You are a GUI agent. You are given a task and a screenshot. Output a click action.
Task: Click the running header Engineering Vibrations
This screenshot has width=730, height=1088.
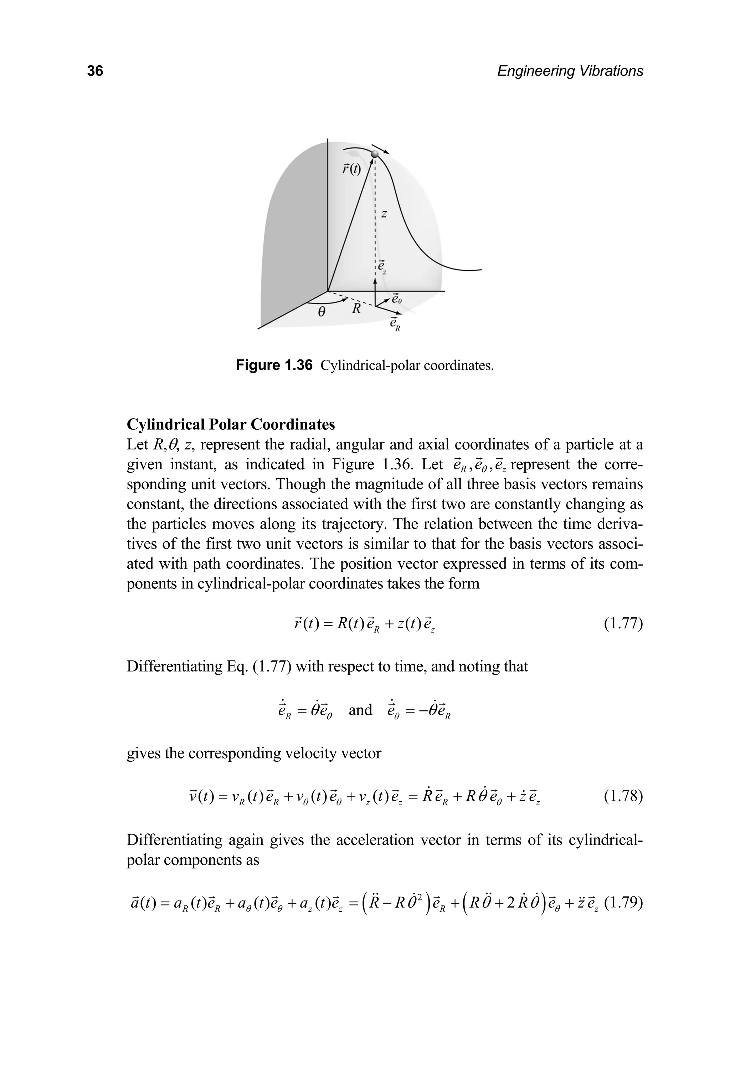pos(570,71)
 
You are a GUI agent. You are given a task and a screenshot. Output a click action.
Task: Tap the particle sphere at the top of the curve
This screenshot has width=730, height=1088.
pos(375,154)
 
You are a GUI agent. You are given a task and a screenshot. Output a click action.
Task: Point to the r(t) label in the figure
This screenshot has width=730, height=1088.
pos(351,169)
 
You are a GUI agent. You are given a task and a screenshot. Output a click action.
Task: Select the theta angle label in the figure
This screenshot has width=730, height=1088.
pos(321,312)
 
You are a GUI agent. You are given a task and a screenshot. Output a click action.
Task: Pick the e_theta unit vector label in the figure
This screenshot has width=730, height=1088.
pos(396,298)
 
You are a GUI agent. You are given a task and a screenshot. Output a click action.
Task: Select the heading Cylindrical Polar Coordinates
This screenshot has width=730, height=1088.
pos(231,424)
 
